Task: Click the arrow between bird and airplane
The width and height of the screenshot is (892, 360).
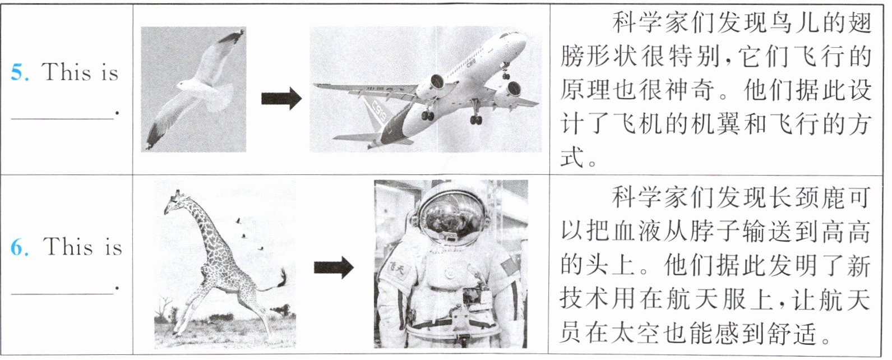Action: tap(281, 98)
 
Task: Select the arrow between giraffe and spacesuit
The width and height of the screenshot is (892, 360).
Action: tap(334, 267)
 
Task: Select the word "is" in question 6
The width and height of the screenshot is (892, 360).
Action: tap(113, 248)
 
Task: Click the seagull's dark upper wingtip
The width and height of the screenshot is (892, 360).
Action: tap(234, 36)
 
